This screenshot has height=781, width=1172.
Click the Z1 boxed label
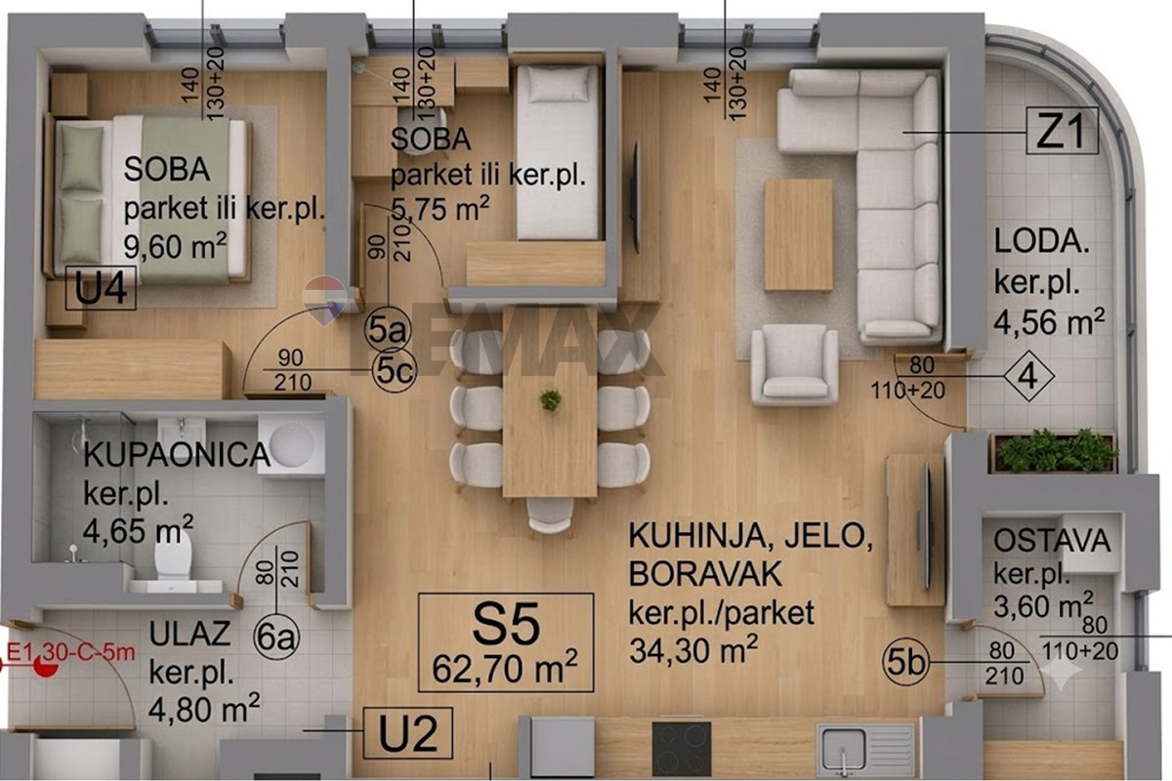tap(1062, 130)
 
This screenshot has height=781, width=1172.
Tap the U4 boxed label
tap(101, 288)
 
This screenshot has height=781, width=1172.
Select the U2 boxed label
tap(407, 733)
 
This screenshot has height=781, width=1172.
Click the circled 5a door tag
tap(388, 330)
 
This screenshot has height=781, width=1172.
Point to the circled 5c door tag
tap(394, 371)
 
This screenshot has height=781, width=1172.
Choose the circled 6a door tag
tap(276, 637)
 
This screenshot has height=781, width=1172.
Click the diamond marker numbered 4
tap(1028, 376)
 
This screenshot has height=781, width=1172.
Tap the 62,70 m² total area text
tap(505, 668)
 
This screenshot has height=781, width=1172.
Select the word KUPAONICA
tap(177, 455)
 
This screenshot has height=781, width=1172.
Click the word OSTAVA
tap(1052, 541)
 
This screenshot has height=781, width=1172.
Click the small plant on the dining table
tap(550, 400)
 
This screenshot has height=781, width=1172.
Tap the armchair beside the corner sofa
tap(794, 364)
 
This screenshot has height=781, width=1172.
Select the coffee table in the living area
tap(798, 235)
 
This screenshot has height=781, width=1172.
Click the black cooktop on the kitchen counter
tap(682, 749)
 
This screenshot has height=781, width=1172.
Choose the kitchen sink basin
tap(843, 750)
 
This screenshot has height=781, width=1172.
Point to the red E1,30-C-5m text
tap(70, 652)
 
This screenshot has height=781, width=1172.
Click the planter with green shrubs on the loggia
tap(1055, 452)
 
